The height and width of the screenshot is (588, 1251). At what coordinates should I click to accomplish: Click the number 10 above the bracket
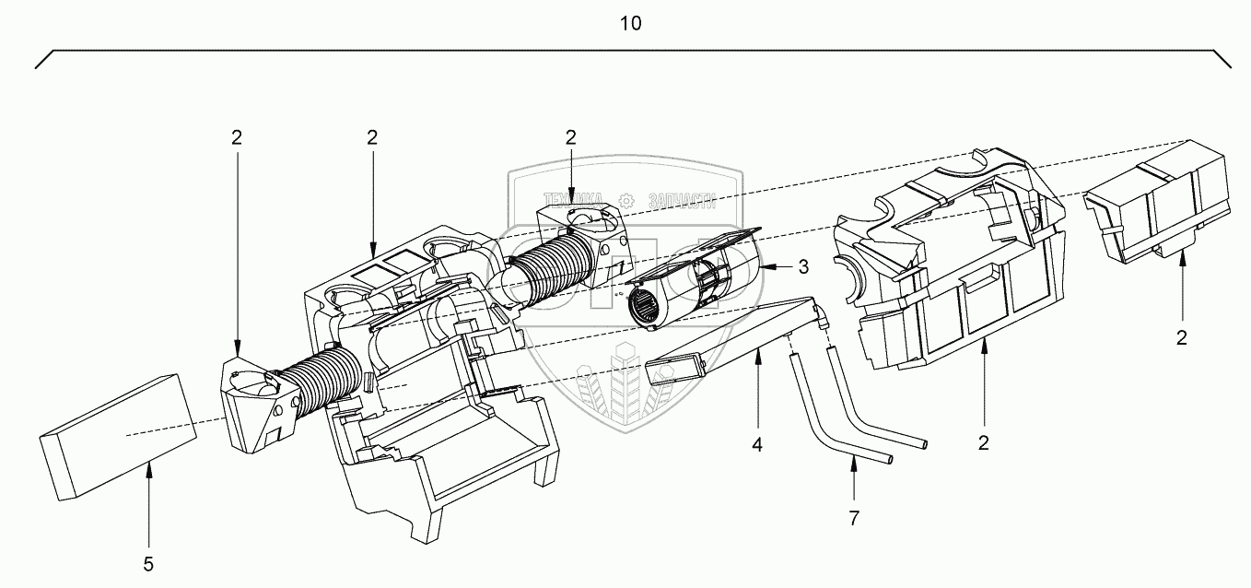click(630, 24)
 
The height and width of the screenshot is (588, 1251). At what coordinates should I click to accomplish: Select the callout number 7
click(853, 518)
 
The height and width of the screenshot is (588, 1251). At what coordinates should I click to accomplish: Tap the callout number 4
click(756, 444)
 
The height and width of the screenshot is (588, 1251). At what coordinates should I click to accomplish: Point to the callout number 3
click(803, 267)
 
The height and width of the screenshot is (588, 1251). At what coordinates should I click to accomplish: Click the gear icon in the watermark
click(627, 200)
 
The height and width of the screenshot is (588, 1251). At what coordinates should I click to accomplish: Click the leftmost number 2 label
click(237, 138)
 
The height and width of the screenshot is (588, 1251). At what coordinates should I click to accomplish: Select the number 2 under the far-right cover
click(1182, 337)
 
